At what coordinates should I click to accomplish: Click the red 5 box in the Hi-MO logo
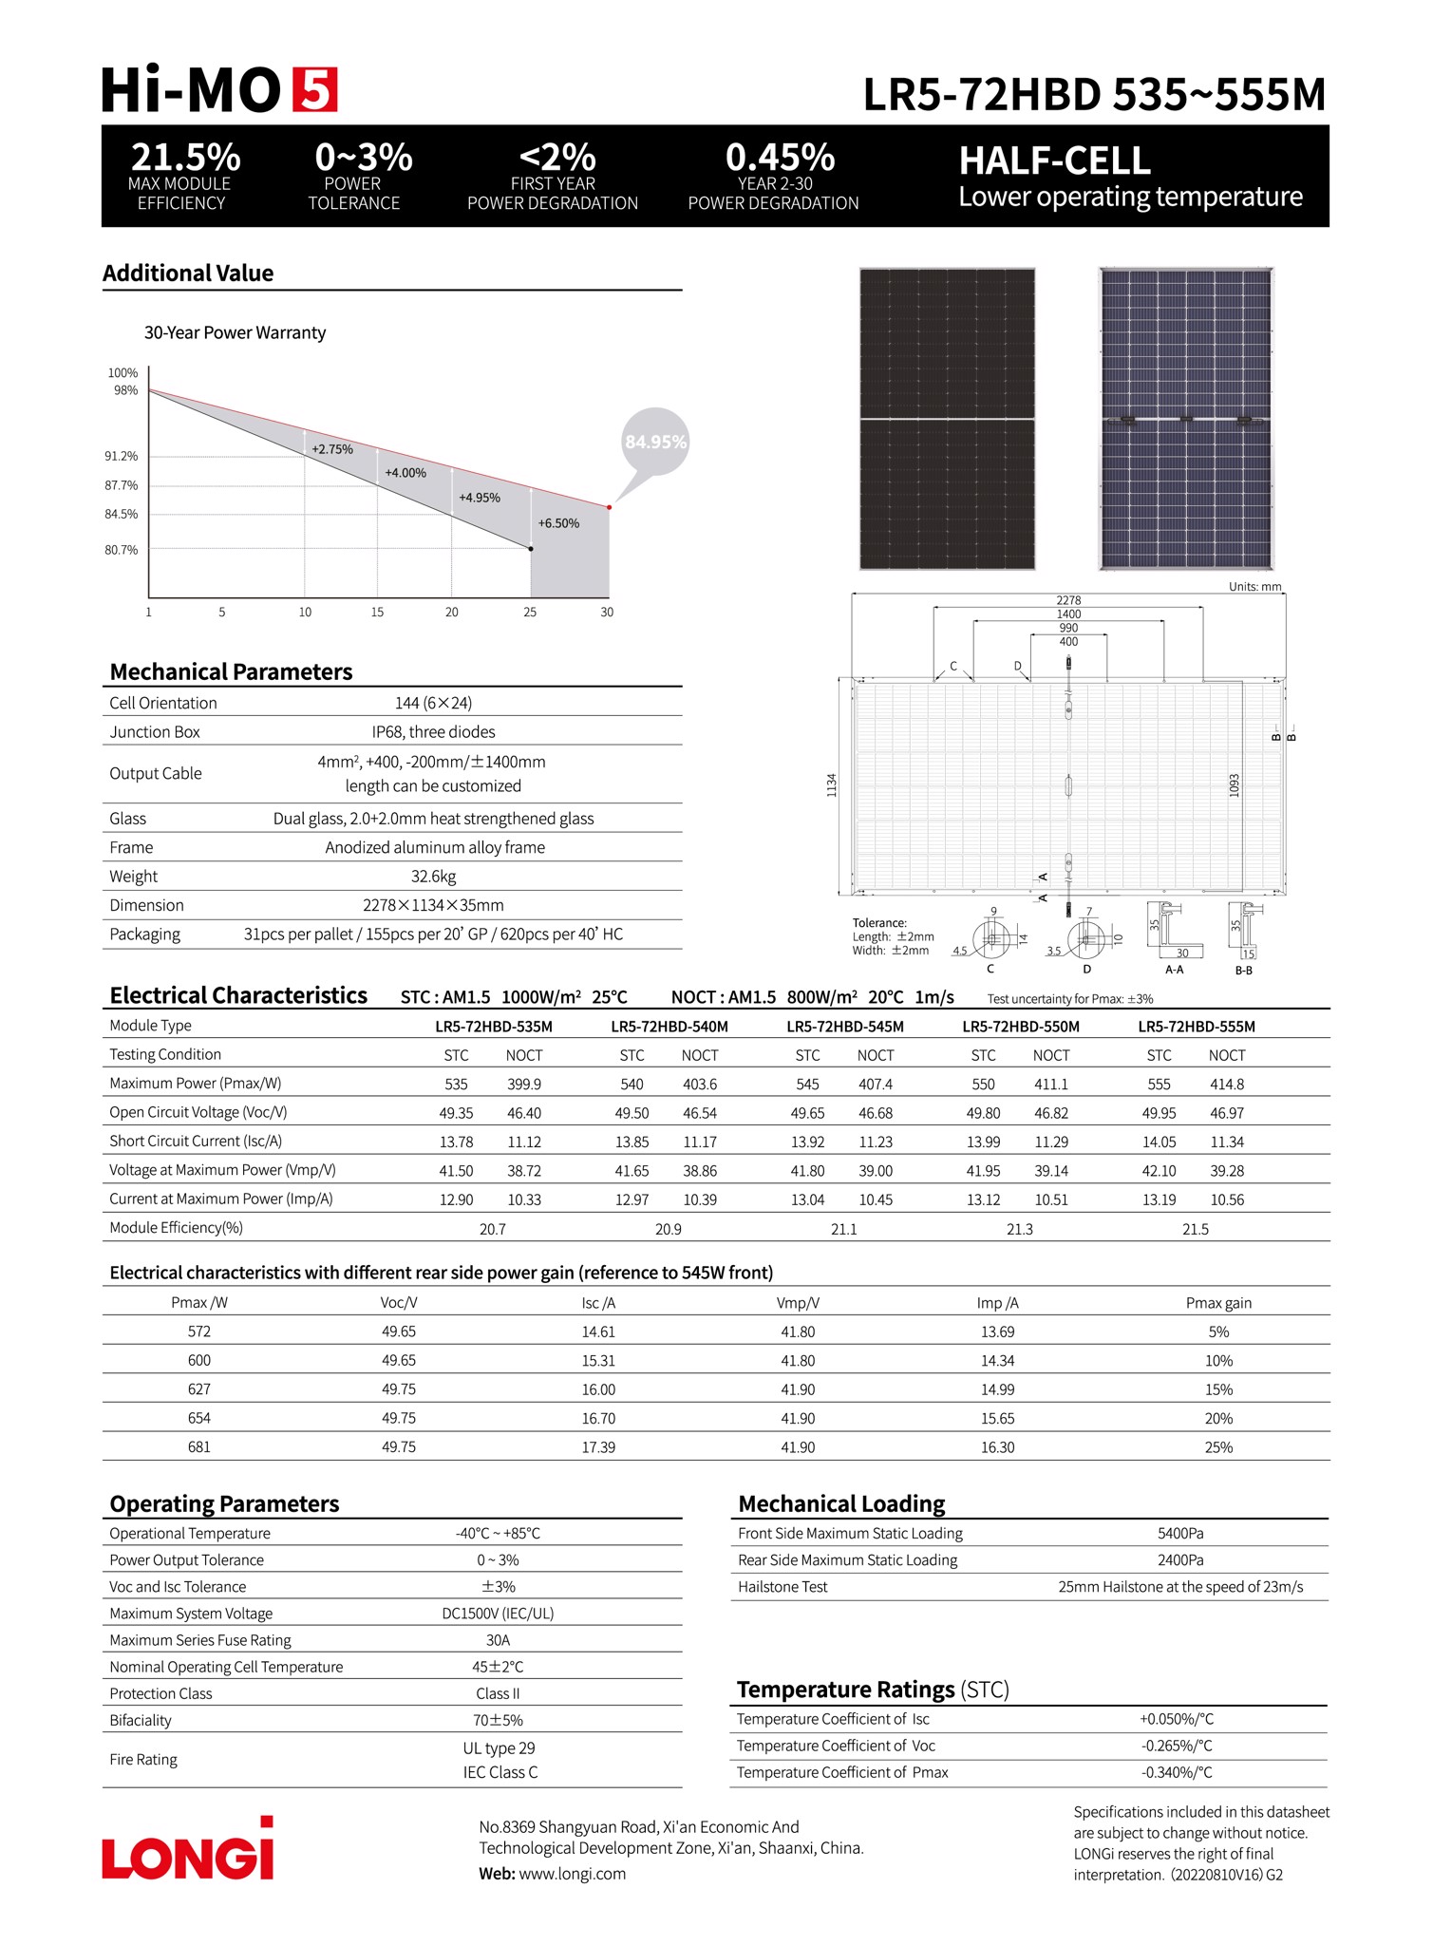click(314, 90)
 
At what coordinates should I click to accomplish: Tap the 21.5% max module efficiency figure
click(185, 157)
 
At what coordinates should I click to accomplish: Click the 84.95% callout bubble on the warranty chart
click(655, 442)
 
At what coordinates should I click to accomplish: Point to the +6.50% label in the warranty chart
click(558, 523)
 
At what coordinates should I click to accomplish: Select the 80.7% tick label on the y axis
click(122, 550)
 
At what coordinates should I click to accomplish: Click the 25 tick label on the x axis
click(530, 613)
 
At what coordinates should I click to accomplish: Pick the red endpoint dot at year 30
click(609, 507)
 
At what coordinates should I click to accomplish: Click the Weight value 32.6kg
click(433, 877)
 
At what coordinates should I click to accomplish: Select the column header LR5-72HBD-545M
click(845, 1027)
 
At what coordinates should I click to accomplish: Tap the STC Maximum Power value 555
click(1159, 1085)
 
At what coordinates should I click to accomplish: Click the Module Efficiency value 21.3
click(1020, 1229)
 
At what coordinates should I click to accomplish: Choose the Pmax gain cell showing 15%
click(1218, 1389)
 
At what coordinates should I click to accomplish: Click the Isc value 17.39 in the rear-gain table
click(598, 1447)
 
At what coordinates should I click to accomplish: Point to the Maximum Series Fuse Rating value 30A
click(498, 1640)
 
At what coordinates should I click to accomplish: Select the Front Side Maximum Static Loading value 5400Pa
click(1180, 1534)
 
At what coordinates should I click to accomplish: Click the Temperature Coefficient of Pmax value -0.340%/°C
click(1177, 1773)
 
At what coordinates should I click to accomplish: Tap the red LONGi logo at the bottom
click(188, 1852)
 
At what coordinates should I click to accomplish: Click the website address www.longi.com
click(573, 1874)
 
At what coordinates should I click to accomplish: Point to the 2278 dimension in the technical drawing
click(1068, 600)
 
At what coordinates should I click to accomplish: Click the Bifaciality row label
click(141, 1720)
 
